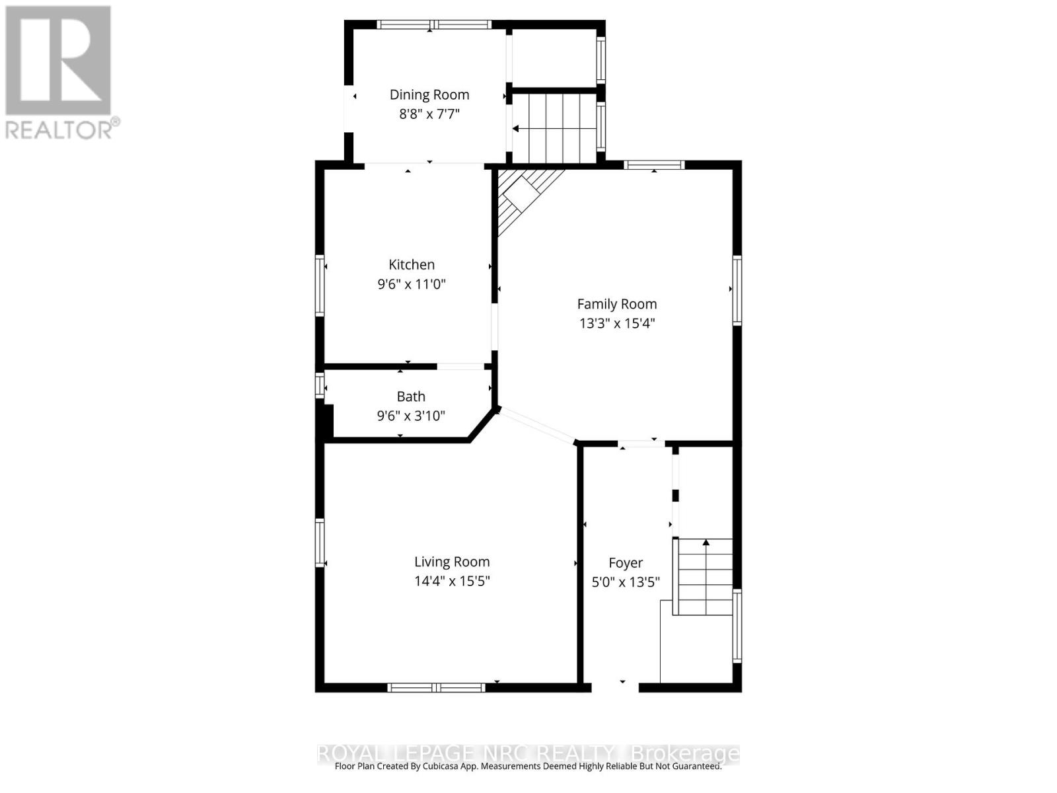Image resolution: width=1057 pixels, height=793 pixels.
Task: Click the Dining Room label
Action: [429, 94]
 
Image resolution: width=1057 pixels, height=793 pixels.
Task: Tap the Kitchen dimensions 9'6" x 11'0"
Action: [412, 284]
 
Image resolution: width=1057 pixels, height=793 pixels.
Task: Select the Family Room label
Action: [617, 304]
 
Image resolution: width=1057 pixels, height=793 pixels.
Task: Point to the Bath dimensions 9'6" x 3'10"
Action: [411, 416]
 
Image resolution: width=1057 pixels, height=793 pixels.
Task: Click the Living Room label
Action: [452, 562]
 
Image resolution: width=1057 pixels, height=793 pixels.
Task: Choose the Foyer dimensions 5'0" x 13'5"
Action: [626, 582]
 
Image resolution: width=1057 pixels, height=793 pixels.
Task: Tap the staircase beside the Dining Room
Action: [555, 128]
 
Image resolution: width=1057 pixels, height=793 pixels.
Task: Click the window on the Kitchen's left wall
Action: [320, 285]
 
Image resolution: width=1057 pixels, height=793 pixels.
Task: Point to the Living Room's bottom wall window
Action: [436, 688]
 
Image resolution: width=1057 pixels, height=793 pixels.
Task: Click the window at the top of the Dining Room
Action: [433, 24]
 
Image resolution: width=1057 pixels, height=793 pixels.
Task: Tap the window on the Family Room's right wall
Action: [737, 290]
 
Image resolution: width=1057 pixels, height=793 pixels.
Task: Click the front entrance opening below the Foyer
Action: [615, 687]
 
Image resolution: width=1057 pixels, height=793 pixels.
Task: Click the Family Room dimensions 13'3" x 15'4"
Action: [617, 323]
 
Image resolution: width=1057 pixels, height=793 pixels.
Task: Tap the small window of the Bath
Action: [320, 385]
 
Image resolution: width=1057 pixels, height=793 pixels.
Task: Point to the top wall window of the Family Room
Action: [654, 165]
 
